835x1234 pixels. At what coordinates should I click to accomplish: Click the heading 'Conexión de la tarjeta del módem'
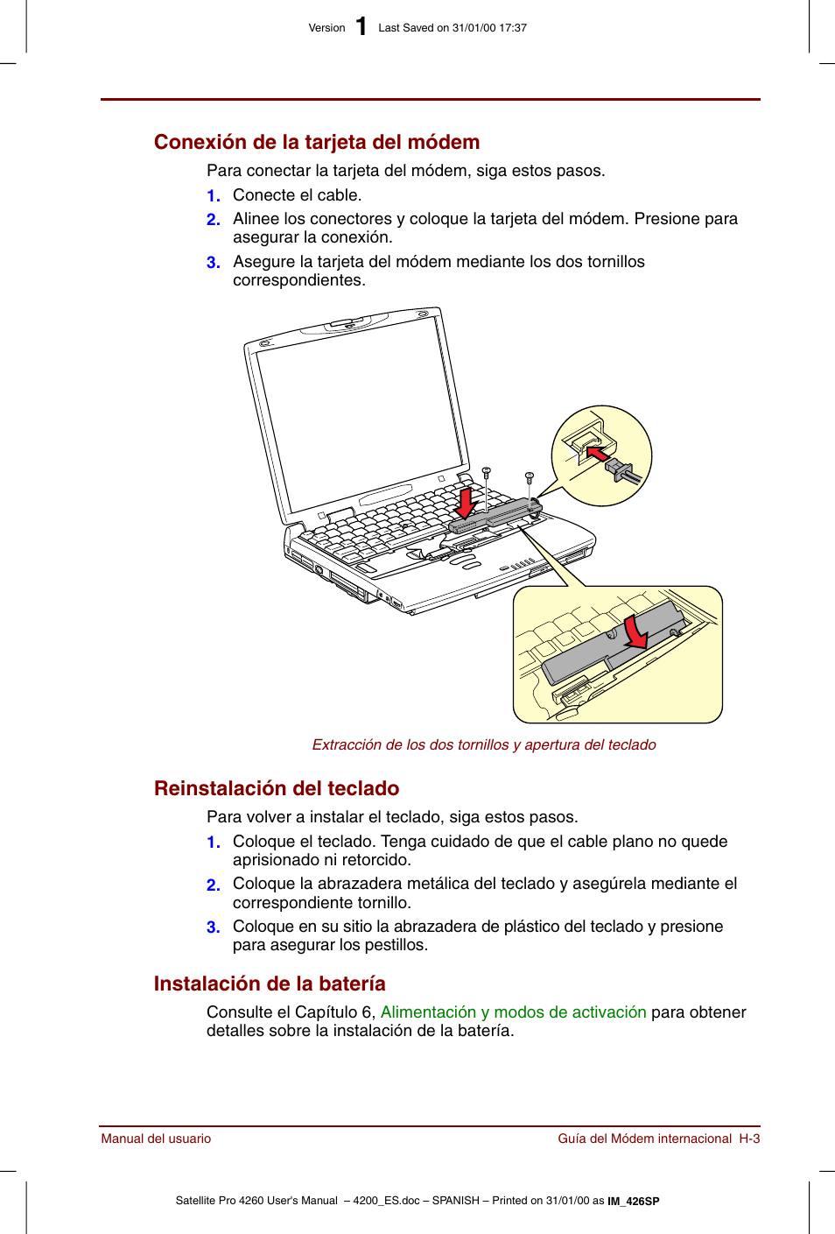tap(316, 142)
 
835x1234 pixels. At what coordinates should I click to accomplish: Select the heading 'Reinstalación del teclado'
tap(276, 788)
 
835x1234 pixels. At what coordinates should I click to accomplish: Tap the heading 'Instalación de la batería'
tap(269, 984)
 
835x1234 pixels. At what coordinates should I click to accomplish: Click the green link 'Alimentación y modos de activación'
tap(513, 1012)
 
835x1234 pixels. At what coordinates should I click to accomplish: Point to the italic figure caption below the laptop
tap(483, 744)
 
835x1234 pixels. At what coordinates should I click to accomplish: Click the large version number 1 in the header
tap(361, 27)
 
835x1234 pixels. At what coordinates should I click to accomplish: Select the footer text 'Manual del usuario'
tap(156, 1139)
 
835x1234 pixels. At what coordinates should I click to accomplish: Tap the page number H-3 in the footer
tap(749, 1139)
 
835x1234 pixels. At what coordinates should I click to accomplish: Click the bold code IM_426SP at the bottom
tap(634, 1202)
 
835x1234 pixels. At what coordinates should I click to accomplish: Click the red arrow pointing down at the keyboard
tap(466, 503)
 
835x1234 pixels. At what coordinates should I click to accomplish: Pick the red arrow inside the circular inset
tap(597, 454)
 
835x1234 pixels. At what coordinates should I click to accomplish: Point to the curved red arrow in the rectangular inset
tap(636, 632)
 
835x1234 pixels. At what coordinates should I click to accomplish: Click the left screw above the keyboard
tap(487, 473)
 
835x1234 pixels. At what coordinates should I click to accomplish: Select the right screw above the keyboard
tap(530, 478)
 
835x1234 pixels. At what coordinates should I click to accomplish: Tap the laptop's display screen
tap(359, 412)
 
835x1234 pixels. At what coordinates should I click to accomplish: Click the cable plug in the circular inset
tap(623, 471)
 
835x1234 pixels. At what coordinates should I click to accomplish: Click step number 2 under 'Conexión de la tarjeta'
tap(213, 220)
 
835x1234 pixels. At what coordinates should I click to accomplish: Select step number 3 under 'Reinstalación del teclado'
tap(213, 927)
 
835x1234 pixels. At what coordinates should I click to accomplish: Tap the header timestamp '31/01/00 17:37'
tap(489, 28)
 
